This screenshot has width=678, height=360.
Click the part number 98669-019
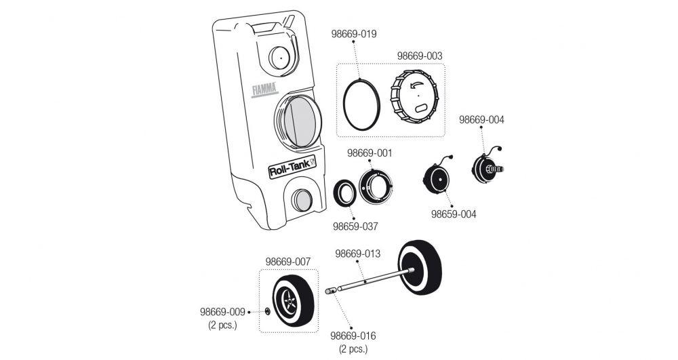point(353,33)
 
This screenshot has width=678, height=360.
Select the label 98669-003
point(420,56)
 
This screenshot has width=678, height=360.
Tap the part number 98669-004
point(481,119)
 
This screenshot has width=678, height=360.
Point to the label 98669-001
point(370,153)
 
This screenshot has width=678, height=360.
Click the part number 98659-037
point(355,226)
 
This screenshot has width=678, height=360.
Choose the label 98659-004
point(454,214)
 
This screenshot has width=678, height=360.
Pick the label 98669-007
point(287,261)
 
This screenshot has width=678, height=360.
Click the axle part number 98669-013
point(358,254)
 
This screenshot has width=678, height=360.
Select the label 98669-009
point(222,313)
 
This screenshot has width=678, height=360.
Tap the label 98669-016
point(353,336)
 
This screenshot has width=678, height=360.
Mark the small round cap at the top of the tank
point(279,57)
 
